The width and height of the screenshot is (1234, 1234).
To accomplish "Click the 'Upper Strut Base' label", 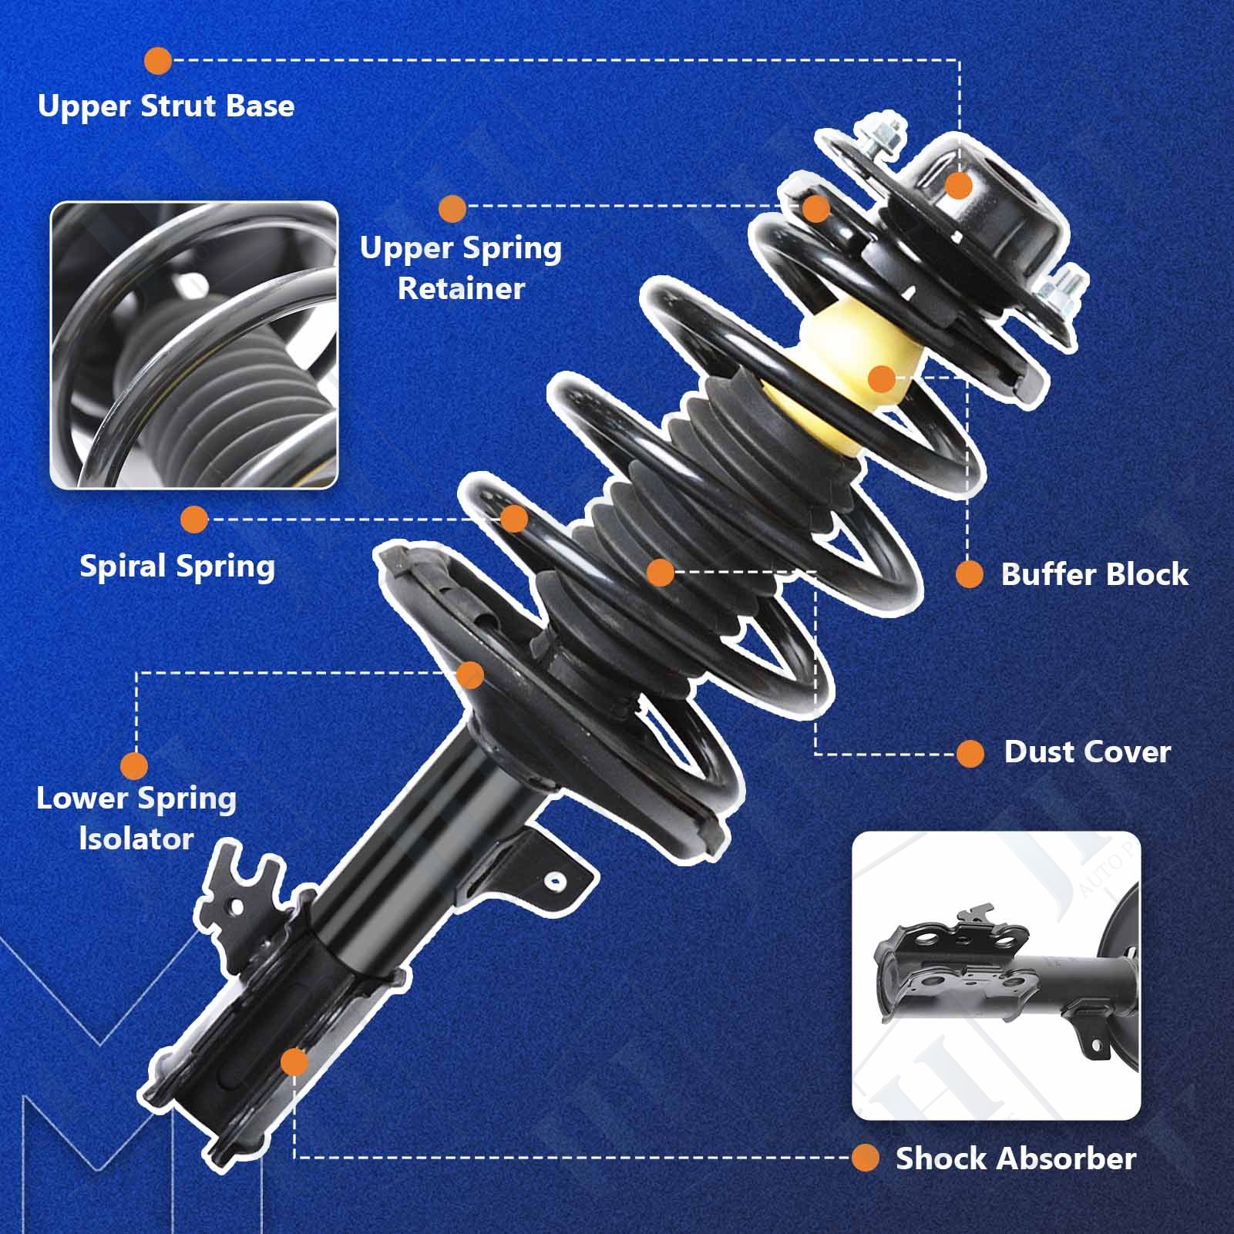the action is coord(166,106).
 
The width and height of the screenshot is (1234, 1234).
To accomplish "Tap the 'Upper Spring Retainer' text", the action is coord(461,268).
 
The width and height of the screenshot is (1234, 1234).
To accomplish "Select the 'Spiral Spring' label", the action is coord(177,567).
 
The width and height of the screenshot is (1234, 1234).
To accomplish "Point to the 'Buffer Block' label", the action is coord(1094,574).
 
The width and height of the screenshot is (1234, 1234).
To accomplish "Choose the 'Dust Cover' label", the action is coord(1088,751).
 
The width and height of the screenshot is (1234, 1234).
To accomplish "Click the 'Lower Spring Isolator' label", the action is coord(136,818).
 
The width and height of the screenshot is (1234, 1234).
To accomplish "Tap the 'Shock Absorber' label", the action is coord(1016,1158).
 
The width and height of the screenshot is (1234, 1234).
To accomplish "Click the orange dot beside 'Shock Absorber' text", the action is coord(866,1158).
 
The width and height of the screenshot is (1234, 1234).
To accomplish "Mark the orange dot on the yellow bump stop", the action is coord(881,379).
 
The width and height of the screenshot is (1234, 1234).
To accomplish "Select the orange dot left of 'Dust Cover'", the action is coord(970,753).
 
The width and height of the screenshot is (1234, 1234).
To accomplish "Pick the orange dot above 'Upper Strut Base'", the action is coord(158,61).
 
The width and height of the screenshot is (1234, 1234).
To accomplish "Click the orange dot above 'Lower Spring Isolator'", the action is coord(134,766).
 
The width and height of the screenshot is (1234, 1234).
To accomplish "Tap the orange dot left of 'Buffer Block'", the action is coord(970,574).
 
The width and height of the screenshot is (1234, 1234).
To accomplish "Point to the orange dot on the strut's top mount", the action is coord(958,186).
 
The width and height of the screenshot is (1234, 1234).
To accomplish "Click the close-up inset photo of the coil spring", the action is coord(194,345).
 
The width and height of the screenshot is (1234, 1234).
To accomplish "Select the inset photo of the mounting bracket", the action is coord(996,975).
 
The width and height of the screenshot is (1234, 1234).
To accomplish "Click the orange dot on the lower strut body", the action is coord(294,1063).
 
